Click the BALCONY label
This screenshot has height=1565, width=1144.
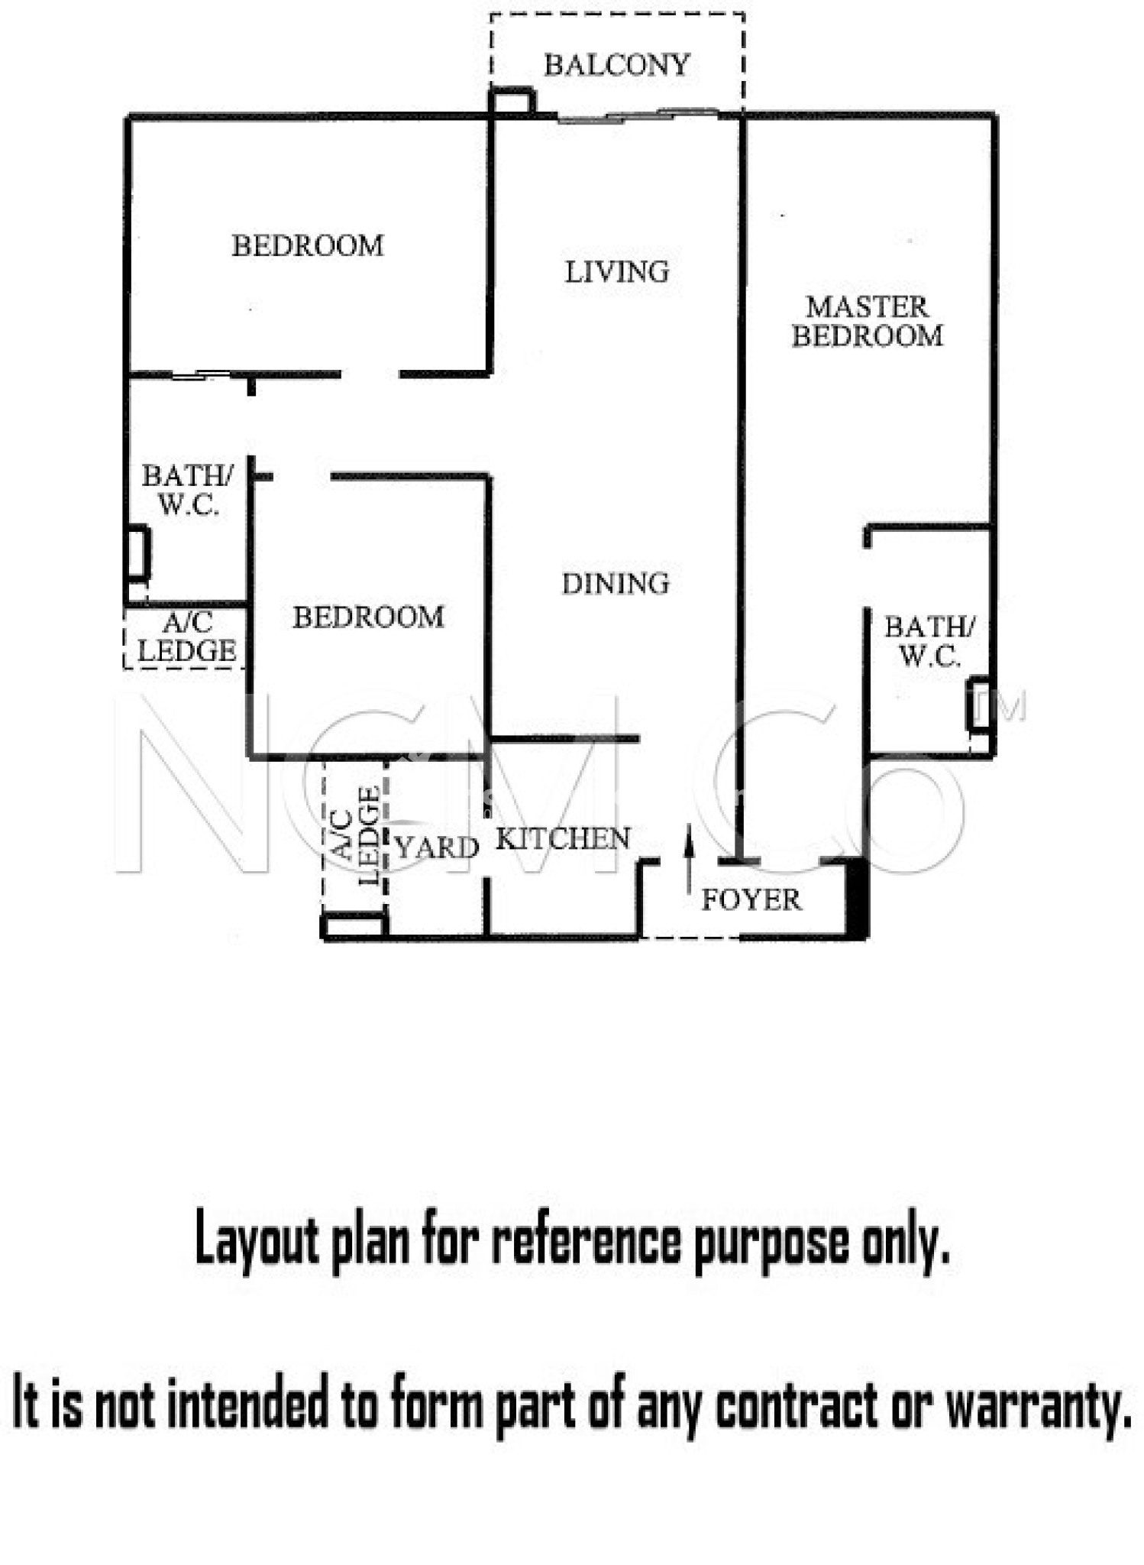(x=616, y=65)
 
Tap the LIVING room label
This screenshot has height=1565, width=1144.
(x=616, y=272)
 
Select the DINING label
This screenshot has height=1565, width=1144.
(x=616, y=584)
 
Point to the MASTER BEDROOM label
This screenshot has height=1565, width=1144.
(x=867, y=322)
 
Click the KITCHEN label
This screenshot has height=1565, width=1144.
(x=563, y=839)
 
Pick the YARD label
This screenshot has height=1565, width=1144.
(x=436, y=847)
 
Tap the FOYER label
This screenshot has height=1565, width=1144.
(x=751, y=900)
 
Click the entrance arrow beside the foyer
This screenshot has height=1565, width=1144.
(x=689, y=859)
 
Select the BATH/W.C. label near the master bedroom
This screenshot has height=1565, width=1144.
(x=929, y=642)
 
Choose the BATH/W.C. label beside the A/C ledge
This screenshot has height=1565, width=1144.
(x=187, y=491)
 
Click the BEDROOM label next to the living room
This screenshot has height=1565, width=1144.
(x=308, y=246)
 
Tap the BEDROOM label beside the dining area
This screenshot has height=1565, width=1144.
(x=368, y=617)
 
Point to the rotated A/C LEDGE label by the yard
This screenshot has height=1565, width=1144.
(x=357, y=836)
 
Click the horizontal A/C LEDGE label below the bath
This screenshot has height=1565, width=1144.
(x=186, y=637)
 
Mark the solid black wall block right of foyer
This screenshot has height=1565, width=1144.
(x=857, y=899)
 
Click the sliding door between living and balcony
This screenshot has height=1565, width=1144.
(x=638, y=116)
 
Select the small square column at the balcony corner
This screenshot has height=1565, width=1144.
(x=512, y=102)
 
